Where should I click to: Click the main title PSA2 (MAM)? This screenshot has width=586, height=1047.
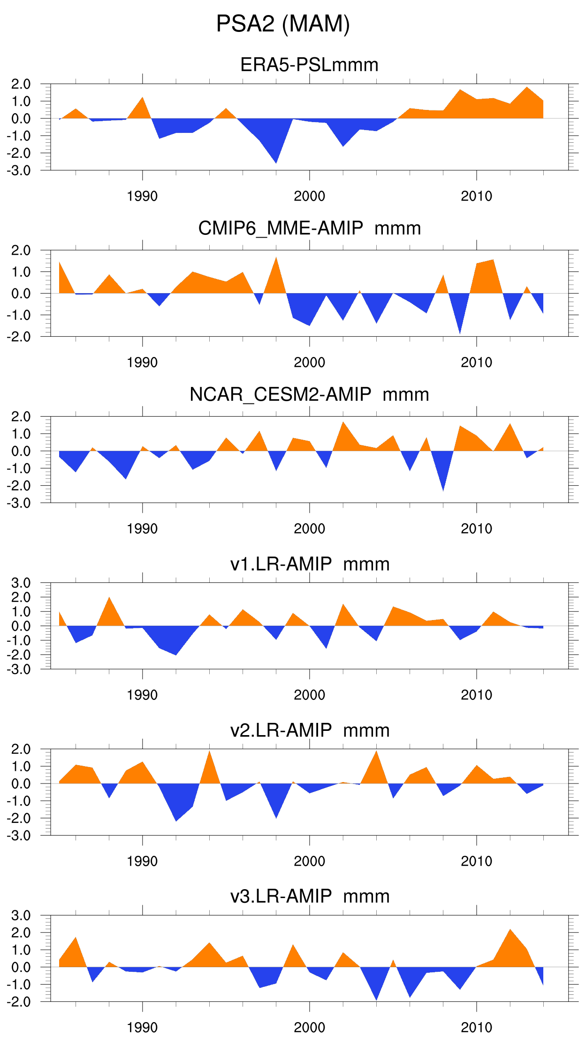tap(283, 23)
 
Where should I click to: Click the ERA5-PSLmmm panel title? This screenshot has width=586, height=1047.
tap(309, 65)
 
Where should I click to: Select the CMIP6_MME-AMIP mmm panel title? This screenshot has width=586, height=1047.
tap(309, 228)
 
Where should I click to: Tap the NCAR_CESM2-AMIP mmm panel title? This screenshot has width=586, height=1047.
tap(309, 395)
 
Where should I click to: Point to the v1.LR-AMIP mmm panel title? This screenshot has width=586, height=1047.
tap(310, 564)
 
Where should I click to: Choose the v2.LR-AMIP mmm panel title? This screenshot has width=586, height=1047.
tap(310, 730)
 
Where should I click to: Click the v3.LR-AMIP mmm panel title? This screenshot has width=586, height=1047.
tap(310, 896)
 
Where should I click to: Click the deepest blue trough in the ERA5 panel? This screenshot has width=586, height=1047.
tap(276, 157)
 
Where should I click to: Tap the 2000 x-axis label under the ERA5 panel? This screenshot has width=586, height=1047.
tap(309, 196)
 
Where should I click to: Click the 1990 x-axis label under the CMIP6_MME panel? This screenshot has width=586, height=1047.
tap(142, 363)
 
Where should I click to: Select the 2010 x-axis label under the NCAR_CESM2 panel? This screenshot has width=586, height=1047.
tap(476, 529)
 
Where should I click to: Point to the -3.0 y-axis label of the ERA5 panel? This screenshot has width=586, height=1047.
tap(19, 171)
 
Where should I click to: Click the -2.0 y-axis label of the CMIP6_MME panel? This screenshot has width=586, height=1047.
tap(19, 337)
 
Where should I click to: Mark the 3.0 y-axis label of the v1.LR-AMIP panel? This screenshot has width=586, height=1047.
tap(21, 583)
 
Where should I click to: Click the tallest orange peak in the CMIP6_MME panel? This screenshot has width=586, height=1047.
tap(276, 263)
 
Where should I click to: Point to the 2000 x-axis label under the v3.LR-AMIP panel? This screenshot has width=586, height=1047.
tap(309, 1028)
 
